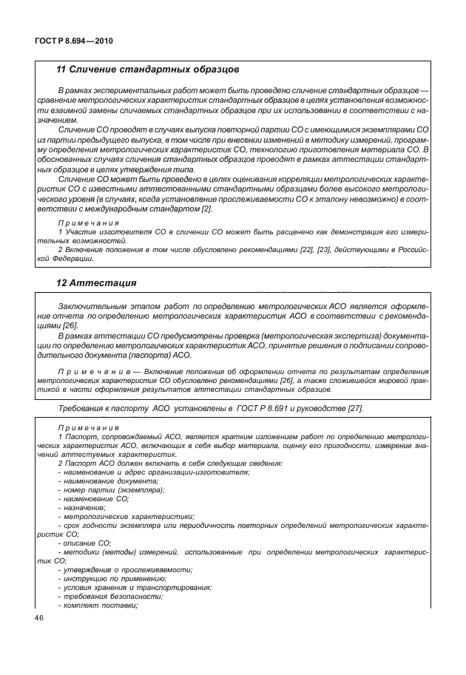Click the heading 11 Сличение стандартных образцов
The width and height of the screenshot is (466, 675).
pyautogui.click(x=148, y=69)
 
